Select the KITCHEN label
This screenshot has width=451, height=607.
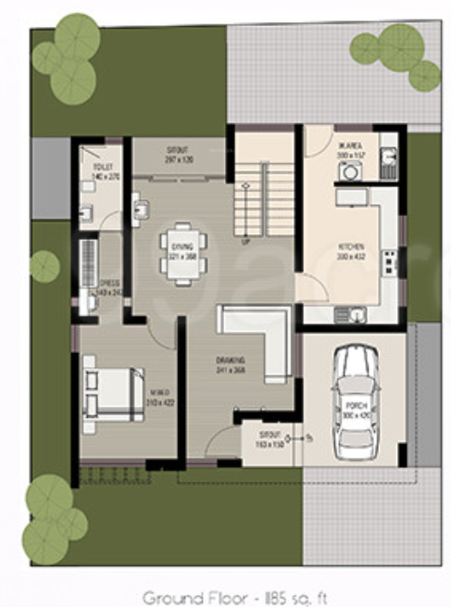click(x=352, y=247)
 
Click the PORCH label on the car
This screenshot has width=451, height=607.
click(x=356, y=406)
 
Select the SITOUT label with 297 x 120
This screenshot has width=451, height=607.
click(x=178, y=149)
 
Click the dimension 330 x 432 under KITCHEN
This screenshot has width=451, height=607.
click(x=352, y=255)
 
